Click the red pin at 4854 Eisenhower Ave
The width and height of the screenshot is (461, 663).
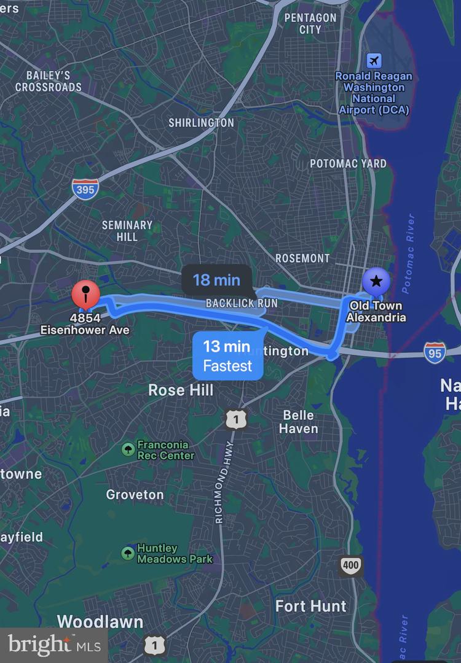[86, 294]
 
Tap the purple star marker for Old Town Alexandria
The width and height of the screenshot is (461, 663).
[376, 282]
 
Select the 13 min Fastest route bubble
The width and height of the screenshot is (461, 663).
[228, 356]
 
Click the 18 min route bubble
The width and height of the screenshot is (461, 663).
[216, 280]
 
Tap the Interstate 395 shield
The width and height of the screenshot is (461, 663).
[85, 189]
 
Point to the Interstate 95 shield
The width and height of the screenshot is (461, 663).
[434, 353]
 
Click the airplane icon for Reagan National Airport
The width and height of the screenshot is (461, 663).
[374, 61]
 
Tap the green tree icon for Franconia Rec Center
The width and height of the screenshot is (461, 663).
[128, 450]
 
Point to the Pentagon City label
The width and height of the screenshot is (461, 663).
[310, 23]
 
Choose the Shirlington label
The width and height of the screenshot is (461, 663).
[201, 123]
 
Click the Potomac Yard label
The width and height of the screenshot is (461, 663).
[348, 163]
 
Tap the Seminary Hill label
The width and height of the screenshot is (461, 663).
[127, 231]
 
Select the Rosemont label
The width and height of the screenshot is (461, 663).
[302, 258]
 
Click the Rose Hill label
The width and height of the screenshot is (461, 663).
[181, 390]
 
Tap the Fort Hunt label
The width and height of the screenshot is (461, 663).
[311, 607]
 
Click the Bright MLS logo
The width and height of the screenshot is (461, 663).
[53, 645]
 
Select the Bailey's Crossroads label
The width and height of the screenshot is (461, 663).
[48, 81]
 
